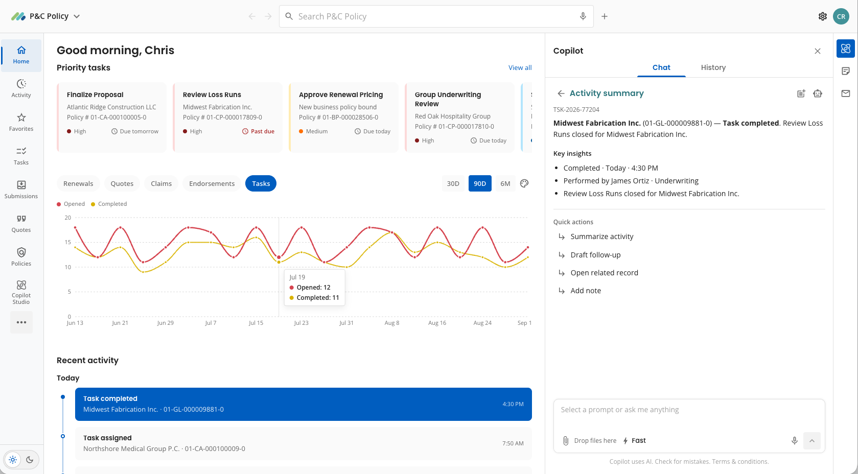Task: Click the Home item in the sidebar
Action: (x=21, y=55)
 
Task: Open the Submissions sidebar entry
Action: (x=21, y=190)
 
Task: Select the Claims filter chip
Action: (x=161, y=183)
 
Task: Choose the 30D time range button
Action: (x=453, y=183)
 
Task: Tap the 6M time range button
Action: (x=505, y=183)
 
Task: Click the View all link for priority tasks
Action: (x=520, y=68)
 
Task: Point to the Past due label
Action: (x=262, y=131)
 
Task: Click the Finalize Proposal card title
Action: (x=95, y=94)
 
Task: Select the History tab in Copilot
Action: (x=713, y=67)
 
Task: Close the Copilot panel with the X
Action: (x=818, y=51)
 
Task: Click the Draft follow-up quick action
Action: (x=595, y=254)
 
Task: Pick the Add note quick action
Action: (x=586, y=291)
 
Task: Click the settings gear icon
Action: (x=822, y=16)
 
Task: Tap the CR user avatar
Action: (x=841, y=16)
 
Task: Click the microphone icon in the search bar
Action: (x=583, y=16)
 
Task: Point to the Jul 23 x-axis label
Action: (x=301, y=323)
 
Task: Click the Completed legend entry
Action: (x=109, y=204)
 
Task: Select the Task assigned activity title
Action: (x=107, y=438)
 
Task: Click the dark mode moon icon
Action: (x=30, y=460)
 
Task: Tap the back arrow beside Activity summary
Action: (x=561, y=93)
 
